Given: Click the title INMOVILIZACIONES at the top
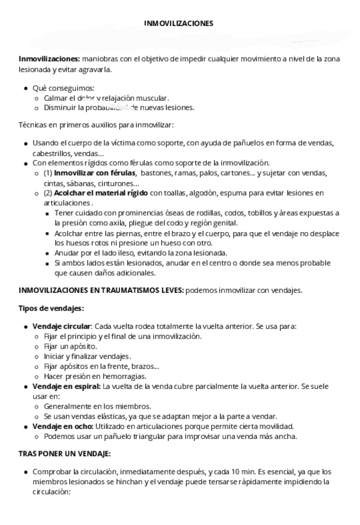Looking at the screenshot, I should coord(178,24).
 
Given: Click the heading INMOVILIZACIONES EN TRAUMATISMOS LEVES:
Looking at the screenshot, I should coord(101,290).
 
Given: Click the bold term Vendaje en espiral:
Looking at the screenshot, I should coord(66,386).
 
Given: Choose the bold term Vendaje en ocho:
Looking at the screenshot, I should coord(63,426).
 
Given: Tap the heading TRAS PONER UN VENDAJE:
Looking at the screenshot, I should coord(65,454).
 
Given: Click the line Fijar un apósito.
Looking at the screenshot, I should coord(70,347).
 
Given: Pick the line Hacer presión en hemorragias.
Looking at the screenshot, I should coord(95,376).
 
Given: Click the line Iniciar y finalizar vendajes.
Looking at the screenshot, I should coord(87,357).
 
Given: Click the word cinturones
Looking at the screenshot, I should coord(119,183).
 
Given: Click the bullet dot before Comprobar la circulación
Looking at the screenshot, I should coord(25,472).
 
